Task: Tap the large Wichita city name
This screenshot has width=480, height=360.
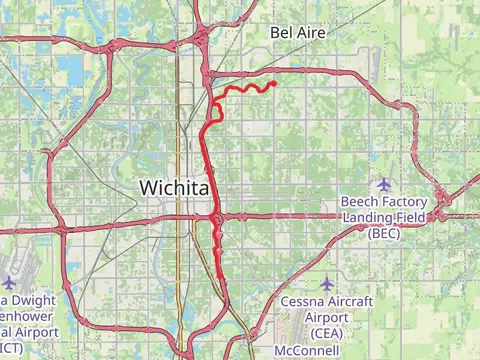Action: pyautogui.click(x=174, y=187)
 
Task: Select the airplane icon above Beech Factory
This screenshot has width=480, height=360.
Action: pyautogui.click(x=384, y=184)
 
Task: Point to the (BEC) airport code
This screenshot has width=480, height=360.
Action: pyautogui.click(x=384, y=232)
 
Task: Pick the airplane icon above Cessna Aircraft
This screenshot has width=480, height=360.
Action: pyautogui.click(x=327, y=284)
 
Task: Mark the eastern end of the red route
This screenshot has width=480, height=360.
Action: pyautogui.click(x=274, y=84)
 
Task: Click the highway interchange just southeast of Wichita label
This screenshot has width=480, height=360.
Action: pyautogui.click(x=216, y=218)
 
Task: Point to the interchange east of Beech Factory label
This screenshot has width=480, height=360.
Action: pyautogui.click(x=443, y=200)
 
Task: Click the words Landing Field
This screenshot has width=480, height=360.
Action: pyautogui.click(x=384, y=217)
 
